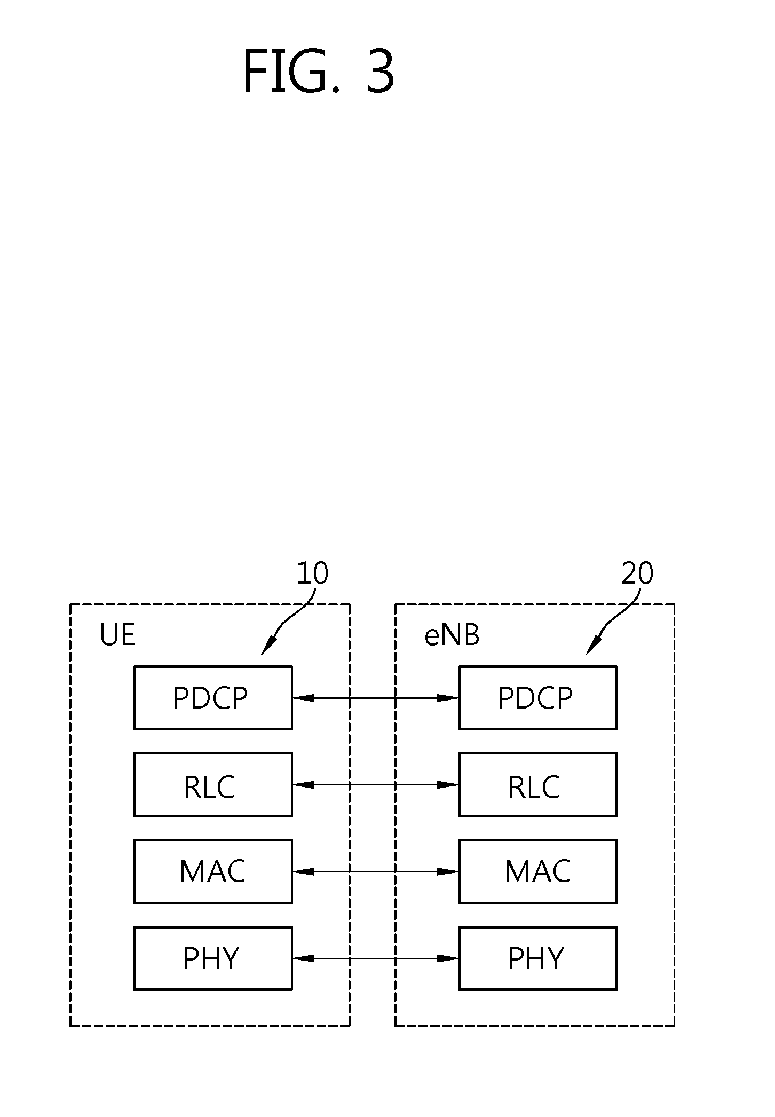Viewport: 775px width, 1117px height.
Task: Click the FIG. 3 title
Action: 318,71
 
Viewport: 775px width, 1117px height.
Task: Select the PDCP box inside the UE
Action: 213,697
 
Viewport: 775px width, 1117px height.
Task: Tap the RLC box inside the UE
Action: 213,784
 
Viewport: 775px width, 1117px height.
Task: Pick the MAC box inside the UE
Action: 213,871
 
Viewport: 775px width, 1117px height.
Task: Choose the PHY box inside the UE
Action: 213,958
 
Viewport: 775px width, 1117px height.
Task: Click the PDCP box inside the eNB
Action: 538,697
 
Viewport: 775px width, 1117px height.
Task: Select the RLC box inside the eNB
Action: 538,784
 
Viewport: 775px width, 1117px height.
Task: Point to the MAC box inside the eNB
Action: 538,871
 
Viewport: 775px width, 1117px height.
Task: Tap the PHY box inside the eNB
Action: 538,958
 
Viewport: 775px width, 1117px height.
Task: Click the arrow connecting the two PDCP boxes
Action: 376,697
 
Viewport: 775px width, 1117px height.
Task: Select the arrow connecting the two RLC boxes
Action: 376,784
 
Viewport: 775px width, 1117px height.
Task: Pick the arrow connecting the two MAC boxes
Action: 376,871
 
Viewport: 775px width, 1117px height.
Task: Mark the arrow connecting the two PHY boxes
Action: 376,958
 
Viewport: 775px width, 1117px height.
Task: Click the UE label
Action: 117,635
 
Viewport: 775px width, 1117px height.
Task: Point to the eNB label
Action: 452,635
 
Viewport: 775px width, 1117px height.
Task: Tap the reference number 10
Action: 312,573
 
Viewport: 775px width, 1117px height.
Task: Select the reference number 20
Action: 637,573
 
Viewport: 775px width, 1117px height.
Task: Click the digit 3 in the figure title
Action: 380,71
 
